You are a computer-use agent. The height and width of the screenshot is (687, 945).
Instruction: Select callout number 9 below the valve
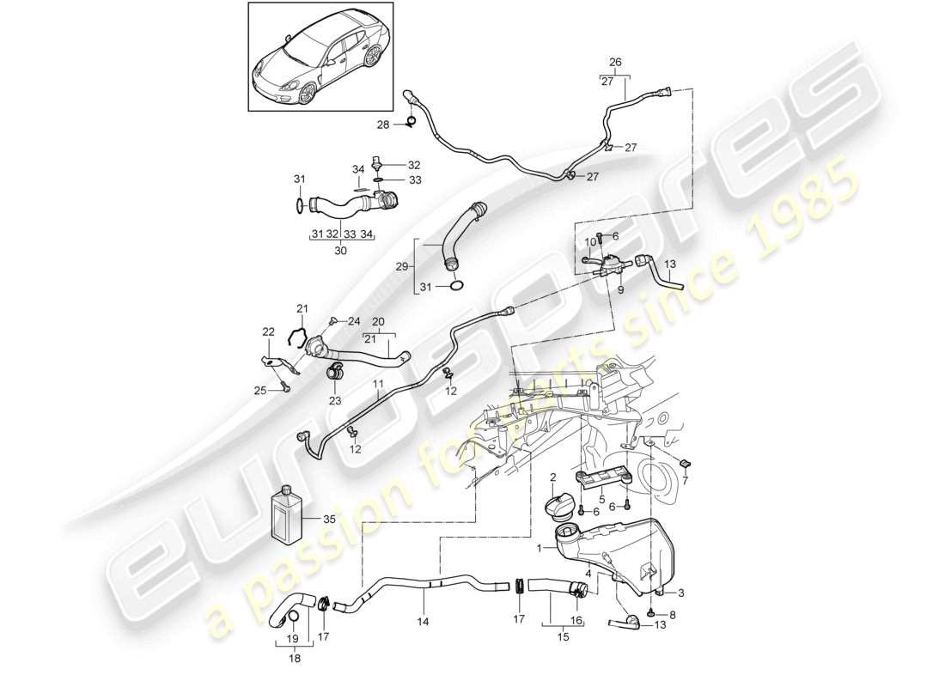(619, 289)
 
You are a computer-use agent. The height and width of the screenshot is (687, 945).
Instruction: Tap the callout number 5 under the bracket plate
(601, 498)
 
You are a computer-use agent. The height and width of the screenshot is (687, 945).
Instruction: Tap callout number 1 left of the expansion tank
(540, 547)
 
